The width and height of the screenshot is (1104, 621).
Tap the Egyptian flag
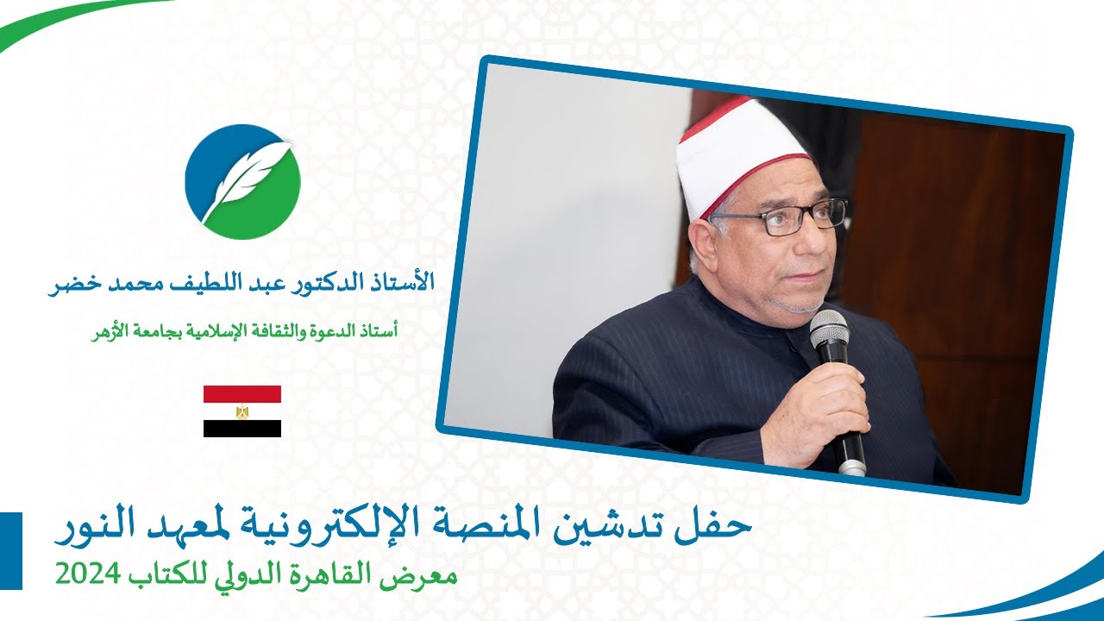click(242, 411)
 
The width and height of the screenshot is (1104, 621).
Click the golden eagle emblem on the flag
click(242, 411)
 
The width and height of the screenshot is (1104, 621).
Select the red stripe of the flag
click(242, 394)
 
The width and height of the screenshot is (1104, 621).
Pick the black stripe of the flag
click(242, 429)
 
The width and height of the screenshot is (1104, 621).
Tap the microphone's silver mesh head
click(829, 329)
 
